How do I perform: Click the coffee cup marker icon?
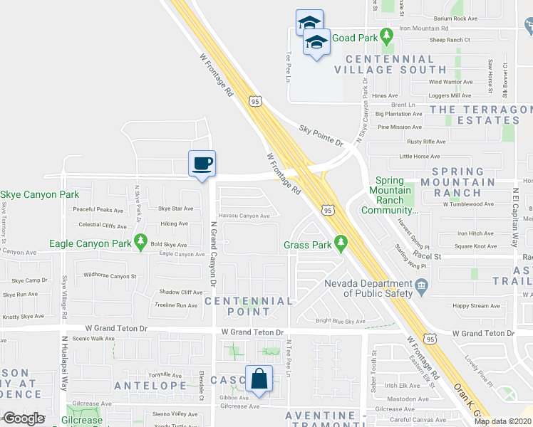pos(202,163)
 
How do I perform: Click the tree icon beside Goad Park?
pos(386,34)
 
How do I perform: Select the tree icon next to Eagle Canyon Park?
pos(141,242)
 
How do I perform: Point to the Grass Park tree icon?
pos(341,243)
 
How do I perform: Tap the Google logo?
pos(23,418)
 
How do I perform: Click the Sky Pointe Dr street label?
pos(321,134)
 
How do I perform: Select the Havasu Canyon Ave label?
pos(244,216)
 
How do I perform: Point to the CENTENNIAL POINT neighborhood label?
pos(249,306)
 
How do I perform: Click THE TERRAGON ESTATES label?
pos(482,115)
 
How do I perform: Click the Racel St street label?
pos(428,256)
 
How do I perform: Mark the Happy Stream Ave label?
pos(475,305)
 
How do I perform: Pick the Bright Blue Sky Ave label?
pos(341,321)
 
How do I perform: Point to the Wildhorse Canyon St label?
pos(110,275)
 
